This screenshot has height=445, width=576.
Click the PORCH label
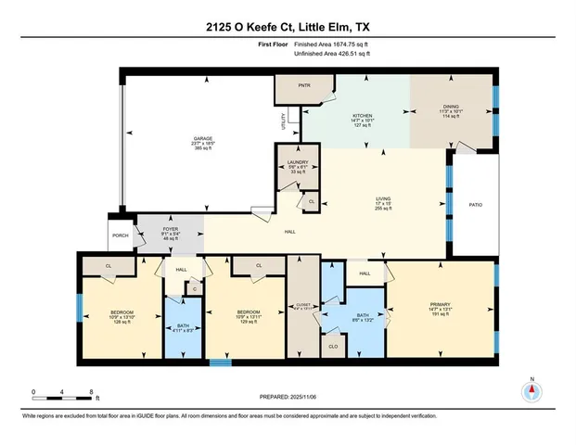coord(121,235)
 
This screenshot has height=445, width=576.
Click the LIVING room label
coord(380,198)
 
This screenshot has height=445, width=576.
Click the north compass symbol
coord(531,391)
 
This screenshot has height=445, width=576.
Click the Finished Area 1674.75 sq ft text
coord(330,43)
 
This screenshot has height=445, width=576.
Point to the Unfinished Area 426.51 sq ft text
coord(332,54)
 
